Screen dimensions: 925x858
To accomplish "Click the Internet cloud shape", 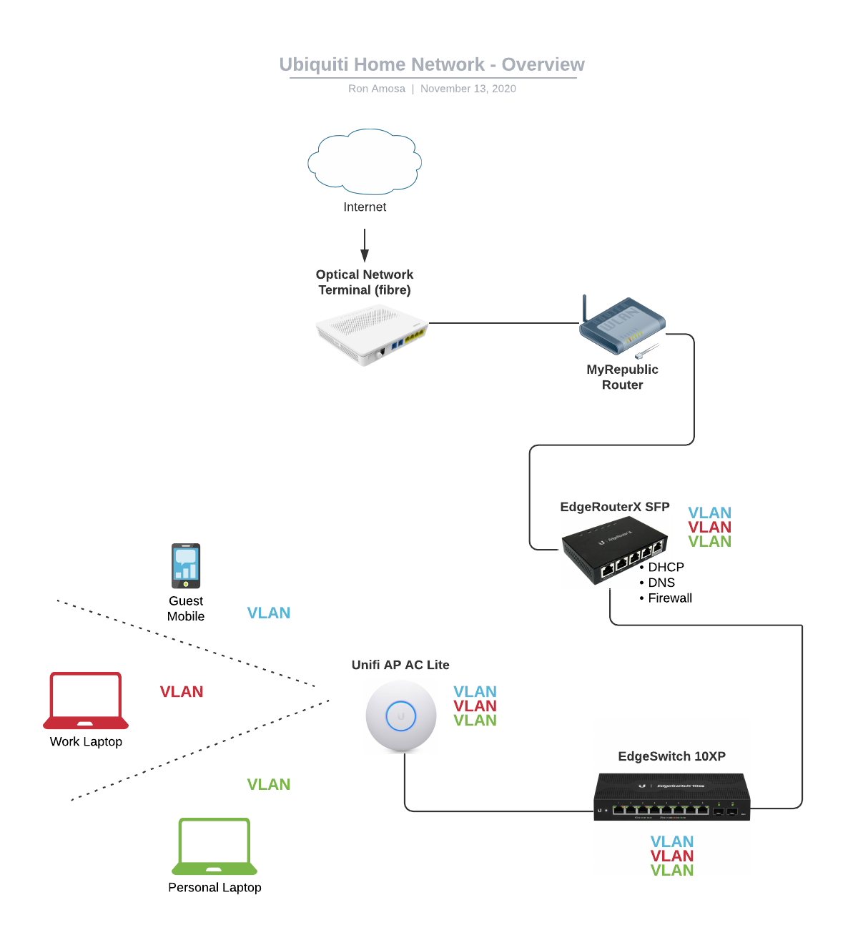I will (365, 162).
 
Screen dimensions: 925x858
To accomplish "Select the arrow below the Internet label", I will (365, 245).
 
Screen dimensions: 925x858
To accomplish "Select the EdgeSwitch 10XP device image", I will (671, 796).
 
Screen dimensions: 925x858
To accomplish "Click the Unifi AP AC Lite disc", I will (401, 716).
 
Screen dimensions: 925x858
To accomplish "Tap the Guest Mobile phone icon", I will (186, 565).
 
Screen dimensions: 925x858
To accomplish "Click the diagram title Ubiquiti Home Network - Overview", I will (432, 64).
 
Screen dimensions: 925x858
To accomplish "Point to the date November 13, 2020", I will (468, 89).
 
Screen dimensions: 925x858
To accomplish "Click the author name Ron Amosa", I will (377, 89).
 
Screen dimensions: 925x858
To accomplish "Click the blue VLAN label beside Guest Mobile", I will (269, 613).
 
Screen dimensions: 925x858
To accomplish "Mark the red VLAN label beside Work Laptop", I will (182, 692).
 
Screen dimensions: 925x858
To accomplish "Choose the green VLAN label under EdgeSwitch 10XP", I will (672, 871).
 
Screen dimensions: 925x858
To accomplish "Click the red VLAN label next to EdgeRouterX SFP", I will (709, 528).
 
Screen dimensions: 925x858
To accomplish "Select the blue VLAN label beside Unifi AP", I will (475, 692).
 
